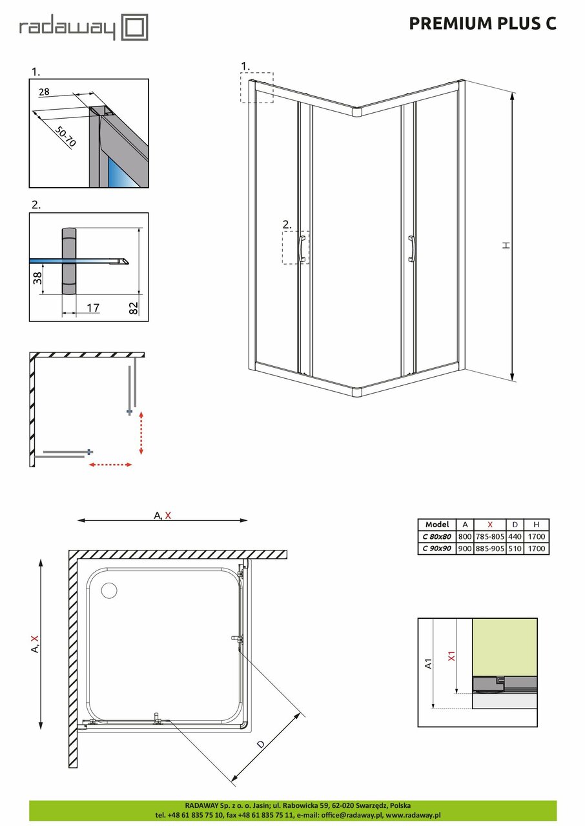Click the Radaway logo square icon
click(136, 28)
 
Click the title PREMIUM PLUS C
click(482, 24)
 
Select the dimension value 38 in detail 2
click(38, 278)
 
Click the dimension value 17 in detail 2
click(92, 308)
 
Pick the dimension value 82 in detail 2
click(134, 307)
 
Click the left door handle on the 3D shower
click(301, 248)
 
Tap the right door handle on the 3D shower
click(411, 248)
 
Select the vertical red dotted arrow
click(141, 432)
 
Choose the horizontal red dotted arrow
click(110, 465)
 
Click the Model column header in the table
click(436, 525)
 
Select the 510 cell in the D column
click(515, 549)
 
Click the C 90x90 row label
click(436, 549)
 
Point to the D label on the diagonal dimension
click(260, 744)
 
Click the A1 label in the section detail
click(428, 663)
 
